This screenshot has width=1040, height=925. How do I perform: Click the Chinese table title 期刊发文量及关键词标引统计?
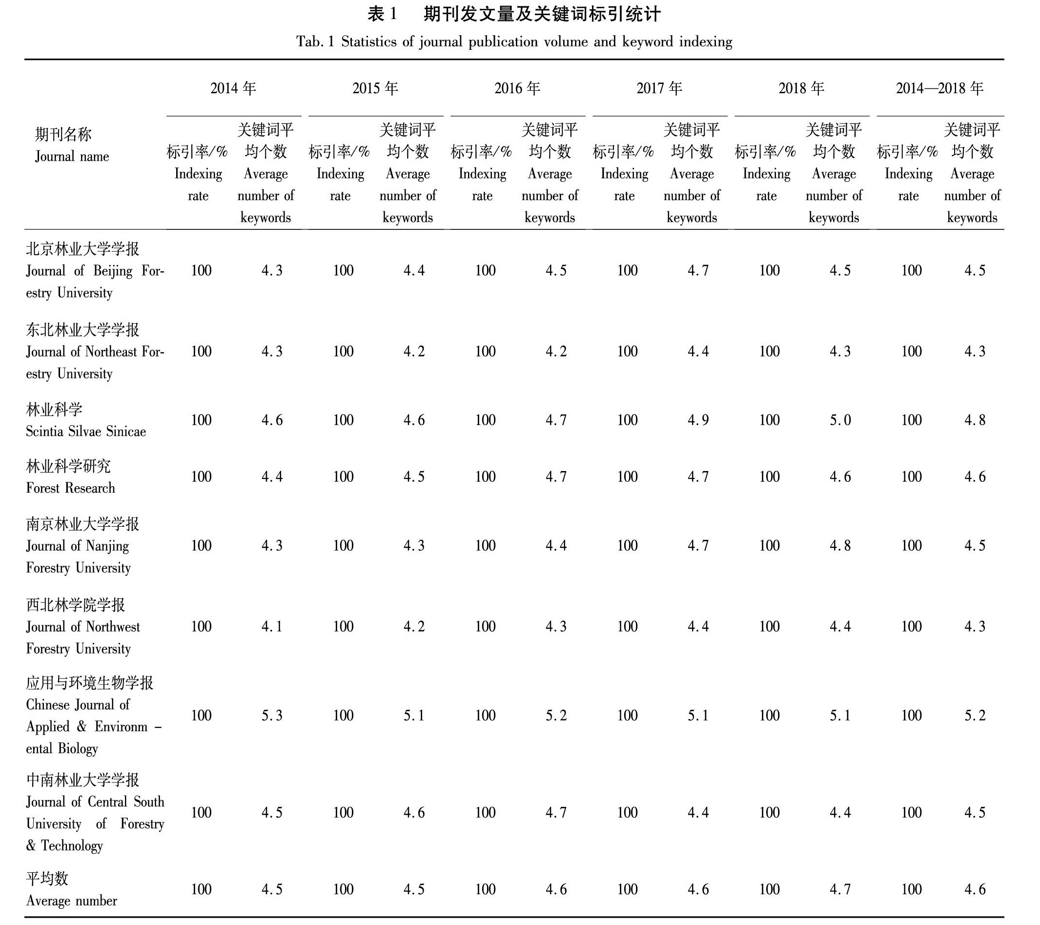(542, 14)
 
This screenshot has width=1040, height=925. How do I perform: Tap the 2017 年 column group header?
(659, 88)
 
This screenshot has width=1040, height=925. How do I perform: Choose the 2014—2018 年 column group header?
(940, 88)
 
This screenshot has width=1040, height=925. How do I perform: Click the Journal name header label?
(72, 156)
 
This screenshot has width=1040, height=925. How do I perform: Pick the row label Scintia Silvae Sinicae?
(86, 432)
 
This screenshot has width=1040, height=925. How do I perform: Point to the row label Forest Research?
(71, 488)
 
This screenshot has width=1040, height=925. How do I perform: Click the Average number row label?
(72, 901)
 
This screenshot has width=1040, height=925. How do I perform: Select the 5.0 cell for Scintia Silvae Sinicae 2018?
(840, 420)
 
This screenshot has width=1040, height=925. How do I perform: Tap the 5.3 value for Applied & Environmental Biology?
(272, 716)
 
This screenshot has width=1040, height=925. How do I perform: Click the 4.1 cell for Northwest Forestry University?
(272, 626)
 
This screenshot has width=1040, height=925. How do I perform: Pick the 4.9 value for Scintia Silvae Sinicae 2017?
(698, 420)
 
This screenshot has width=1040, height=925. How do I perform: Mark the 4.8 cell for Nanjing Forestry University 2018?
(840, 545)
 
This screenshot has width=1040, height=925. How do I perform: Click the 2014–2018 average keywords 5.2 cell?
(975, 716)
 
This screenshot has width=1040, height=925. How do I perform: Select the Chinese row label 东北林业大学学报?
(82, 330)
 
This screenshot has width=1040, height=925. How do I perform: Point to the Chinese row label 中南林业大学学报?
(82, 780)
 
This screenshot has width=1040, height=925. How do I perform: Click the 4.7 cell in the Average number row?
(840, 889)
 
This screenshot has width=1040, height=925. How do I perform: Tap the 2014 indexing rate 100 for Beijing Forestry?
(202, 271)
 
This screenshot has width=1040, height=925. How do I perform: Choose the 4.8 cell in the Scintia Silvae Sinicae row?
(975, 420)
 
